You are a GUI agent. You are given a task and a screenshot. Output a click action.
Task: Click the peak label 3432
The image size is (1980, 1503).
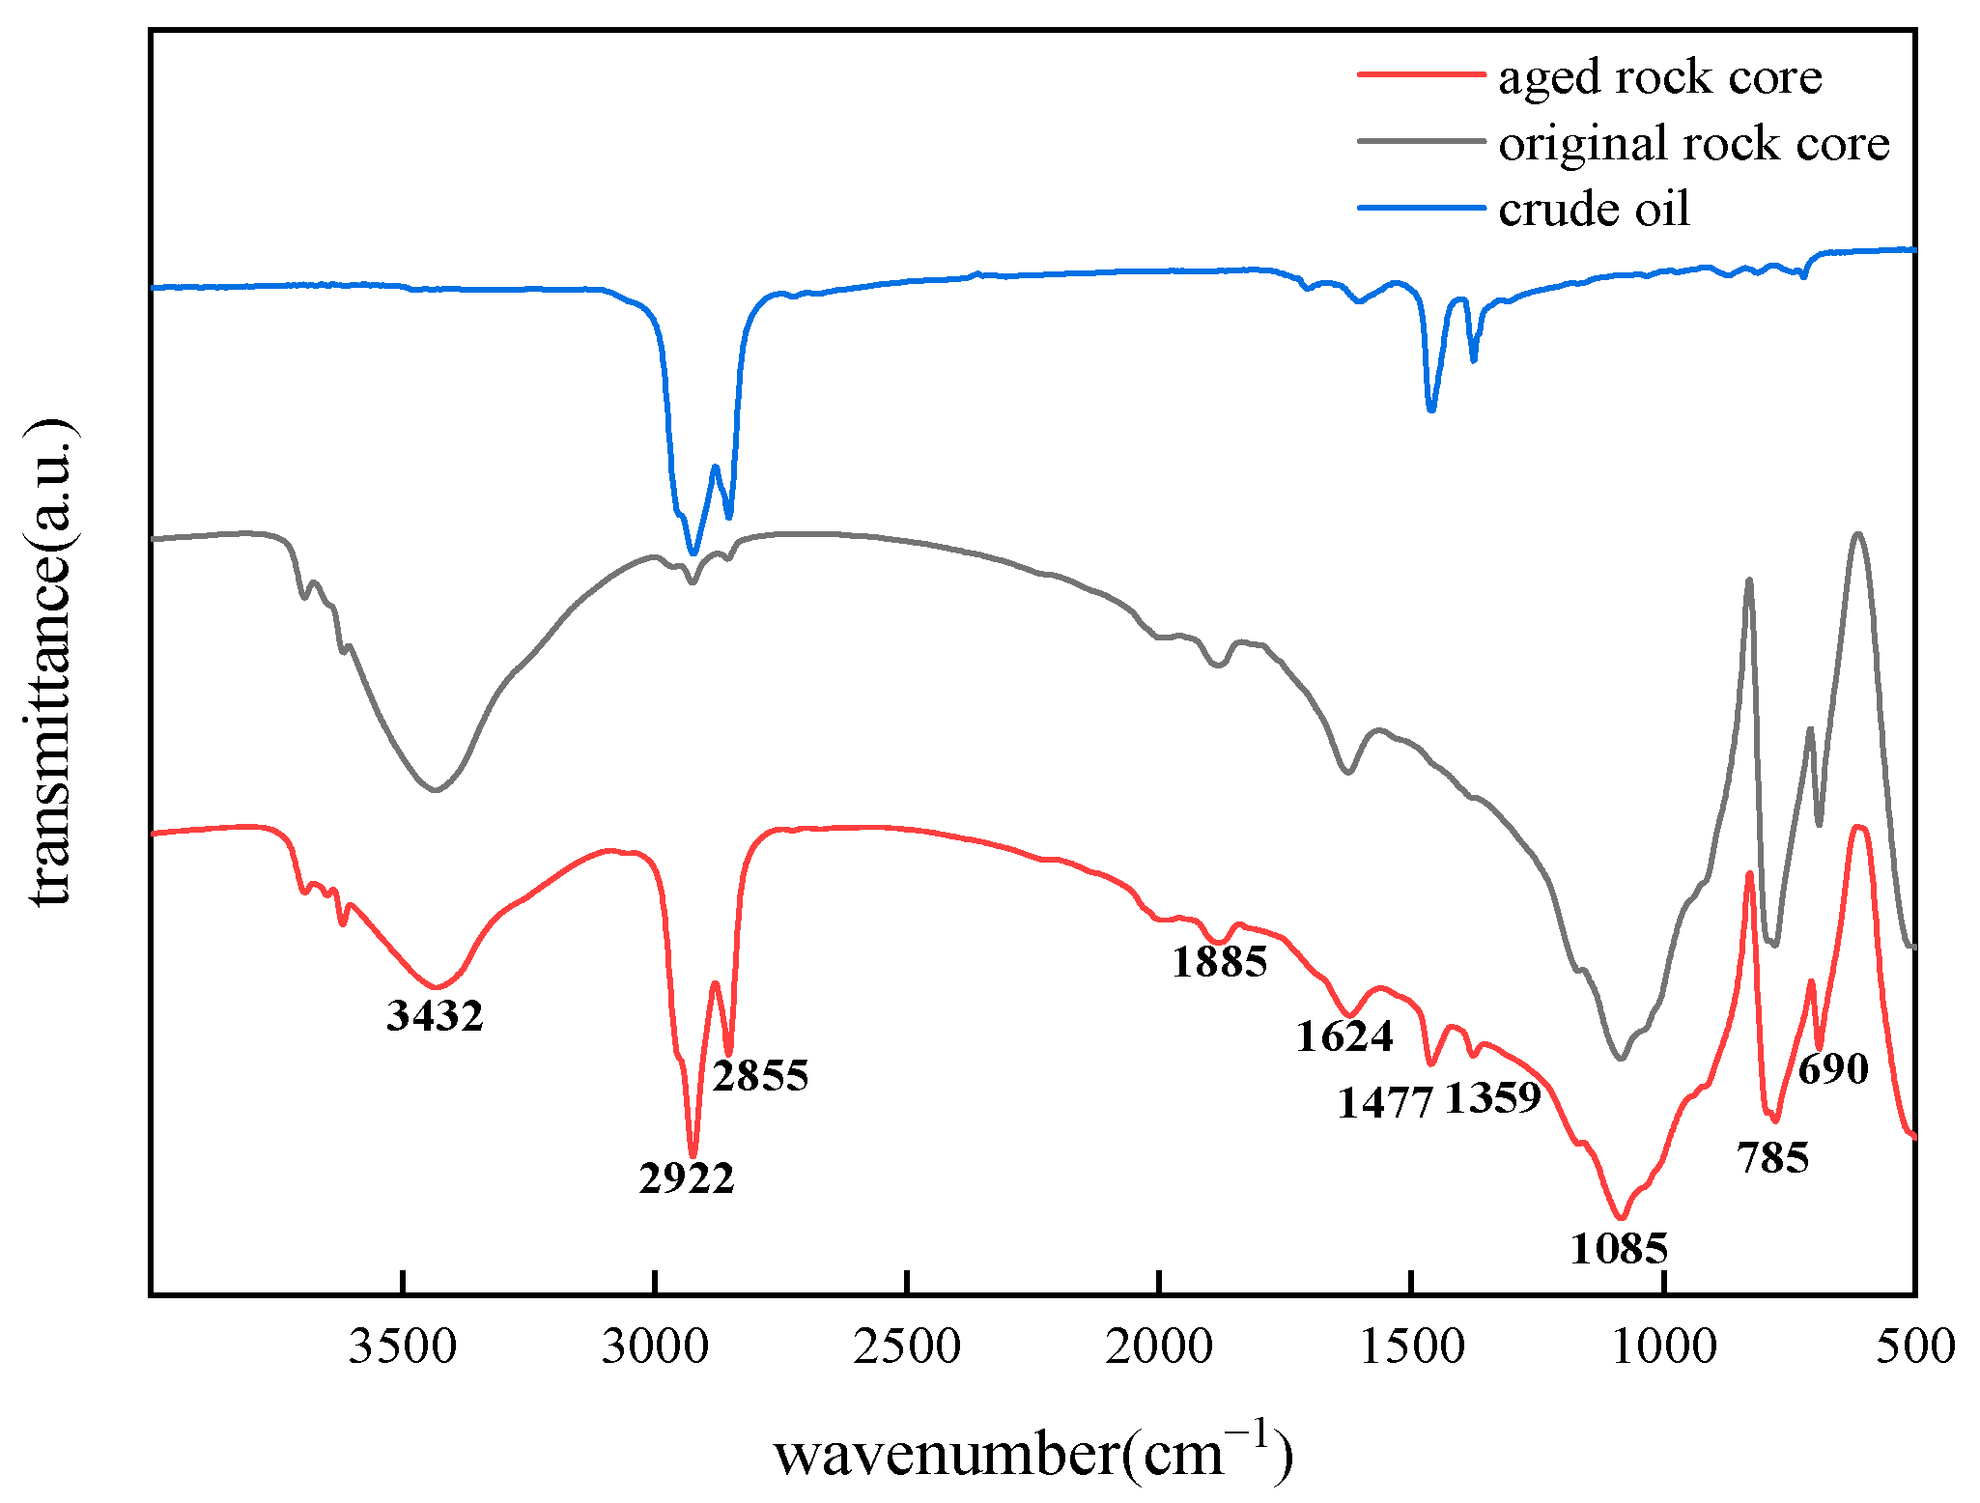coord(435,1016)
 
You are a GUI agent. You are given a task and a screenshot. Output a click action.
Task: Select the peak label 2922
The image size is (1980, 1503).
coord(687,1178)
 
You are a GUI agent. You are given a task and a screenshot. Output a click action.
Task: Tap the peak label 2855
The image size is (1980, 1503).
coord(760,1075)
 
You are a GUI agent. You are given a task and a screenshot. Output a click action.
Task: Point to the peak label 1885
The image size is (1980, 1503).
coord(1219,962)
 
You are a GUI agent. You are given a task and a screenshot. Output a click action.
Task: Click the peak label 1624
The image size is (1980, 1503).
coord(1344,1036)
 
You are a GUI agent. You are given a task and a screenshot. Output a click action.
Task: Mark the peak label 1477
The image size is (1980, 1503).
coord(1385,1102)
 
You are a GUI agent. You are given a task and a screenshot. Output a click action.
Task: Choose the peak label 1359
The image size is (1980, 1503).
coord(1492,1098)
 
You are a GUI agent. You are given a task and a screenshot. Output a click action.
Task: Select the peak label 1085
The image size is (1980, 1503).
coord(1619,1249)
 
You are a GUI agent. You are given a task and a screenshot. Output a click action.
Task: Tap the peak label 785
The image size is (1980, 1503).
coord(1772,1157)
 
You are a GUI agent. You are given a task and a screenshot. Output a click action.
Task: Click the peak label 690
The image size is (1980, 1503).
coord(1833,1069)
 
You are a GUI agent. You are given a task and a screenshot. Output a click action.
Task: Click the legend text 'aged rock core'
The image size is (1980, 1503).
coord(1659,77)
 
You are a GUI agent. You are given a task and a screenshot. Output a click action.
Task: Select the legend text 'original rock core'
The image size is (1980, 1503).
coord(1693,144)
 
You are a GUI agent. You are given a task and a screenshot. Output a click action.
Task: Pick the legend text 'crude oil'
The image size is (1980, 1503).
coord(1594,210)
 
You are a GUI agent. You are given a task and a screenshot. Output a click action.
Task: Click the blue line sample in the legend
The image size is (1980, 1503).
coord(1420,208)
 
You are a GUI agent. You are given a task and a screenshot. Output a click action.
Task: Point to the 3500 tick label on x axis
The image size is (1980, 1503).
coord(403,1347)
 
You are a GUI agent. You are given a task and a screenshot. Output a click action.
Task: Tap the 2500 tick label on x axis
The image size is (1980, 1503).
coord(907,1347)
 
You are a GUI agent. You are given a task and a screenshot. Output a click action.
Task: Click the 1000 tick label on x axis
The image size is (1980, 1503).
coord(1663,1347)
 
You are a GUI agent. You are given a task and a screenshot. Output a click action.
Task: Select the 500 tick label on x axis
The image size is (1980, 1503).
coord(1915,1347)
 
